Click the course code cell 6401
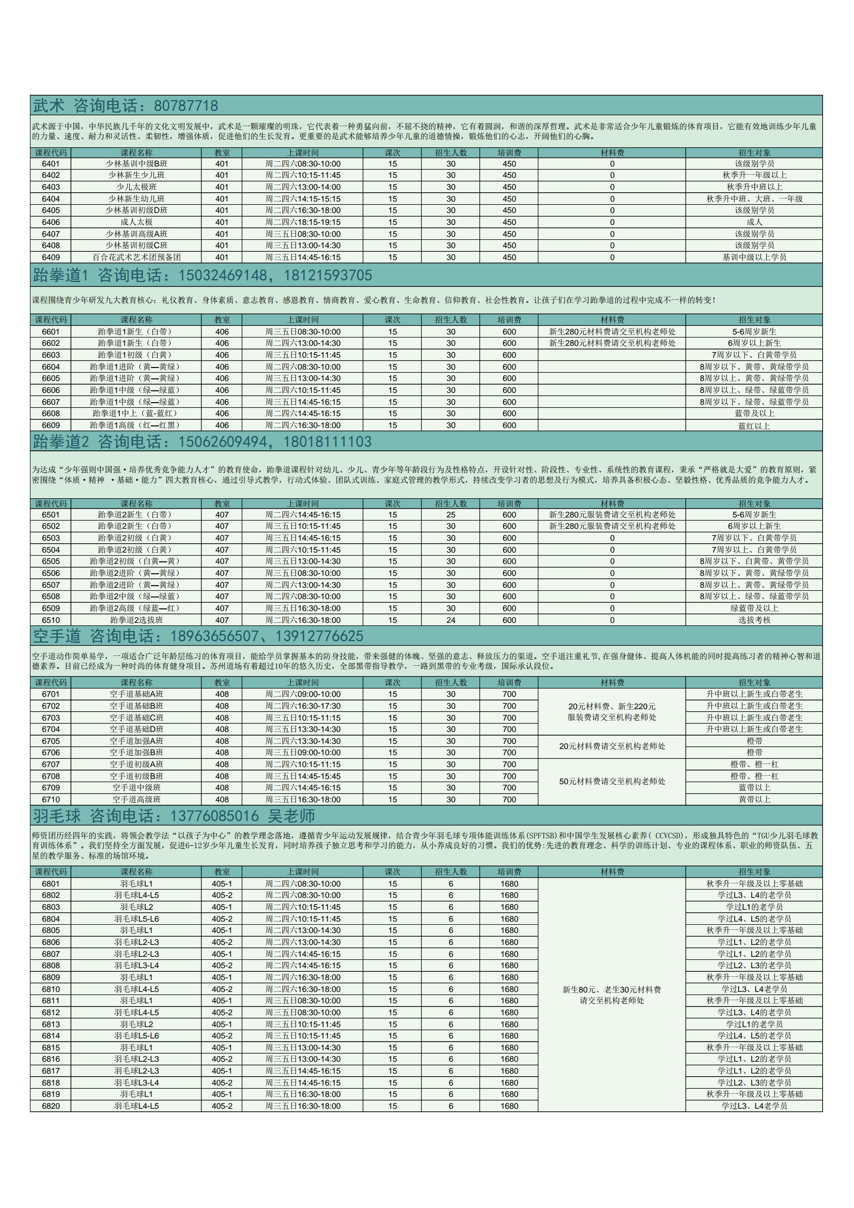(x=51, y=164)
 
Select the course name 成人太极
(x=136, y=222)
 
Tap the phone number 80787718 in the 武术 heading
(x=185, y=106)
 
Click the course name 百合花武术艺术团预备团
(x=136, y=257)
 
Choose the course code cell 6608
(x=51, y=414)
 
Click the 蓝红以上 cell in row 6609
(x=754, y=425)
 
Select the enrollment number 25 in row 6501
(x=451, y=514)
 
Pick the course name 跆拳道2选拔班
(x=136, y=620)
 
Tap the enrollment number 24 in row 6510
(x=451, y=620)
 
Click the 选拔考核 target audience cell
(x=754, y=620)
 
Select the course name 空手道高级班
(x=136, y=800)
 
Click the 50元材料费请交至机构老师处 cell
(x=612, y=782)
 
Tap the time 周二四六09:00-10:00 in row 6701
(x=302, y=694)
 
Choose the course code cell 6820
(x=51, y=1106)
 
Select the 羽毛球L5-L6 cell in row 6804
(x=136, y=919)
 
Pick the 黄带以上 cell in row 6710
(x=754, y=800)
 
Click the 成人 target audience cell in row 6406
(x=754, y=222)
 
